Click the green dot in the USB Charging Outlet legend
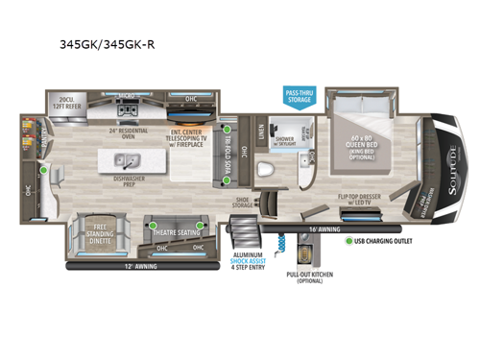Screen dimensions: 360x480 coord(350,241)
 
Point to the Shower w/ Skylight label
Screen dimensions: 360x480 coord(286,141)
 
